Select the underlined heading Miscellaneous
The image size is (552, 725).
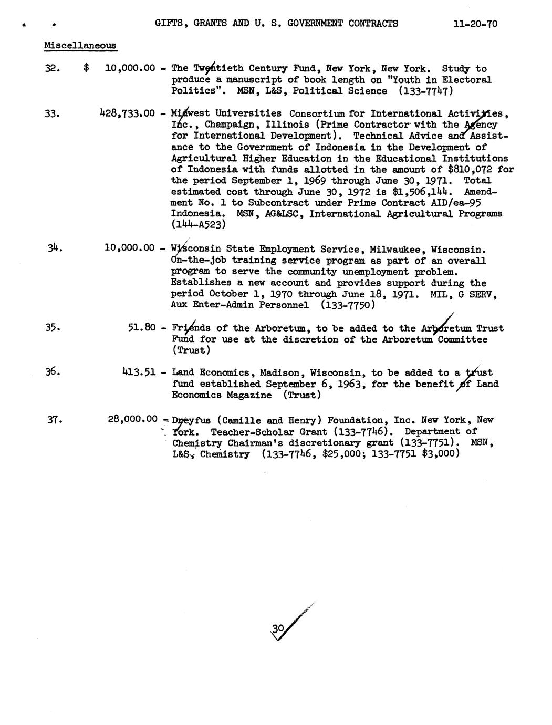coord(80,45)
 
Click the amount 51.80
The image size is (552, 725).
coord(142,328)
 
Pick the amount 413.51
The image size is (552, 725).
coord(139,372)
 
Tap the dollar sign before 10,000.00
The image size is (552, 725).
coord(86,68)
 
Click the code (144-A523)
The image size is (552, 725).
coord(199,225)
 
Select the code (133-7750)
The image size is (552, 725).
coord(348,305)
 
